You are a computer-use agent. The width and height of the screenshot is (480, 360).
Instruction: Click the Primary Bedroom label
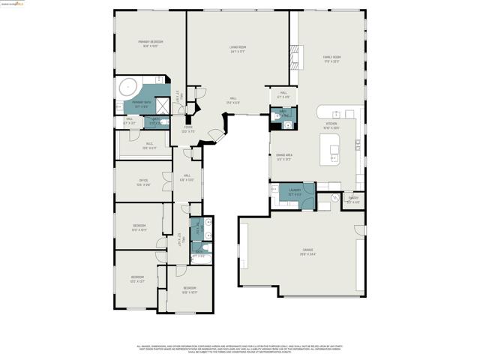[x=149, y=43]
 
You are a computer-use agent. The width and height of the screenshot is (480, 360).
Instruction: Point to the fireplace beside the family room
[x=292, y=53]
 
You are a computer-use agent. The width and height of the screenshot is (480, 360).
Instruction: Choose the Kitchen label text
[x=331, y=125]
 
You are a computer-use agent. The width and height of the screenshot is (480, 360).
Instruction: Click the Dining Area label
[x=283, y=156]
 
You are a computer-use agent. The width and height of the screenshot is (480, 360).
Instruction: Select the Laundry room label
[x=294, y=191]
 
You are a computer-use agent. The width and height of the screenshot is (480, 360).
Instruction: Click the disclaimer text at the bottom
[x=240, y=349]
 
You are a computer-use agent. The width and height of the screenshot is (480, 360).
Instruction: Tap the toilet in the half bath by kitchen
[x=277, y=116]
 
